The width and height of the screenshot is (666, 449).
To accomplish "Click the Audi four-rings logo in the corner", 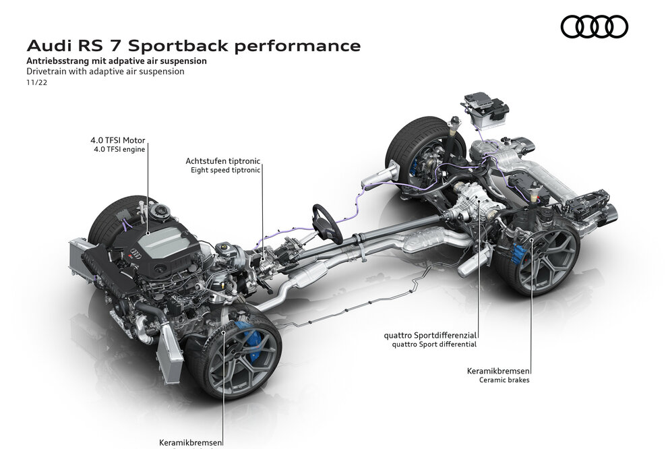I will click(x=594, y=26).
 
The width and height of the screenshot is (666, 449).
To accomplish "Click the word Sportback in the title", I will click(x=177, y=46).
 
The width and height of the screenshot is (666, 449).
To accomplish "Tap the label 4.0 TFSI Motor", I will click(x=118, y=140).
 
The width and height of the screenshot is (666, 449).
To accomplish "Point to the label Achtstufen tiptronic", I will click(x=223, y=162).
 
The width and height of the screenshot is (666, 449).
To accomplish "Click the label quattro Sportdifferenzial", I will click(x=431, y=334).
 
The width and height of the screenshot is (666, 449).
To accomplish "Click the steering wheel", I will click(x=325, y=223).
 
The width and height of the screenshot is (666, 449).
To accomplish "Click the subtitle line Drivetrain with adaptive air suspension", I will click(x=105, y=71).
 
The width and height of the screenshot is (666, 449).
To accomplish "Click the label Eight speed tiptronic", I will click(x=225, y=171).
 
